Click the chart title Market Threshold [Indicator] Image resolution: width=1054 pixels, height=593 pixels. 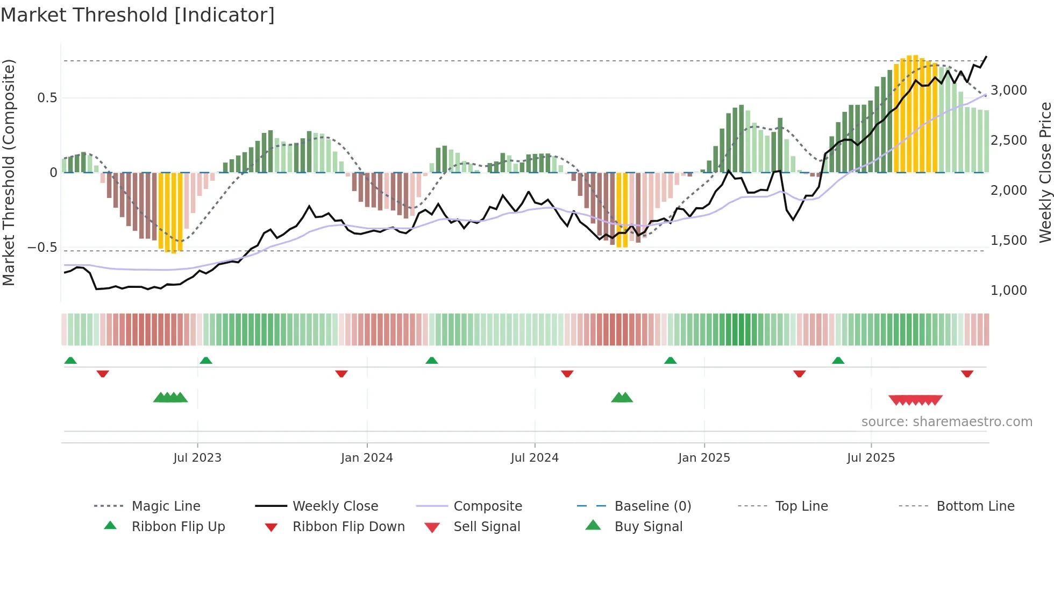click(138, 15)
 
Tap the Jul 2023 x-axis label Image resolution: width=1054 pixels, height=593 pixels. click(197, 457)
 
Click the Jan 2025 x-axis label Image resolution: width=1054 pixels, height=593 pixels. click(704, 457)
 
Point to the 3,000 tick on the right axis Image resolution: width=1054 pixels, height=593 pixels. click(1008, 90)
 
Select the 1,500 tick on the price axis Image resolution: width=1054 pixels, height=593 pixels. click(1008, 240)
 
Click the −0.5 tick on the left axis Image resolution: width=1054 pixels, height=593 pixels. click(42, 248)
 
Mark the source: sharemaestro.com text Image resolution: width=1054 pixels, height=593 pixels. click(946, 421)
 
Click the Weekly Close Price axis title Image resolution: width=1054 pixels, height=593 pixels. click(1045, 172)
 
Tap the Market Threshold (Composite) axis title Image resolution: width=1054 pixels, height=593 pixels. click(9, 172)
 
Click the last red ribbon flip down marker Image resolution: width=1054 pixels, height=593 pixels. click(967, 373)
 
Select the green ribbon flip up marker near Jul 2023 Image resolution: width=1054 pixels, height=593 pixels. click(206, 361)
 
